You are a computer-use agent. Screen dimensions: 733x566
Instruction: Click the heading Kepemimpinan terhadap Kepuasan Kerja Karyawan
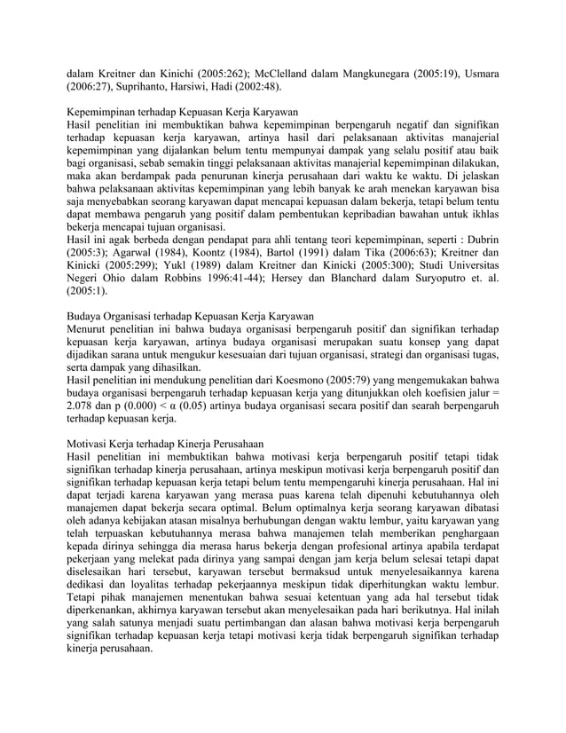(x=184, y=114)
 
